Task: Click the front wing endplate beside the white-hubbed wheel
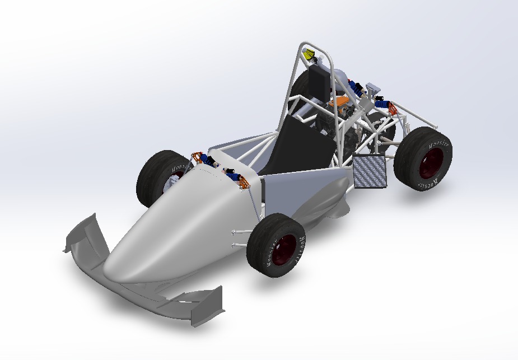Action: pos(84,235)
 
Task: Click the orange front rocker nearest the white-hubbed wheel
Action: pos(196,157)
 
